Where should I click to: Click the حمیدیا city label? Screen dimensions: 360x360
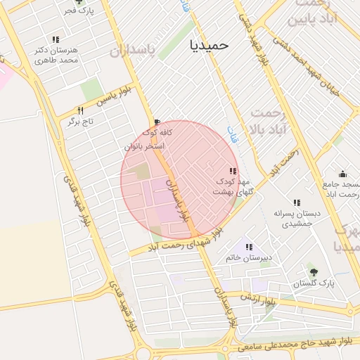tap(210, 44)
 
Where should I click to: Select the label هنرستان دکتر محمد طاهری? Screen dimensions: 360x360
tap(55, 56)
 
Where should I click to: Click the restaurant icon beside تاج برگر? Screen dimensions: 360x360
tap(80, 110)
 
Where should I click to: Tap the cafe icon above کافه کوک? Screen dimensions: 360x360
tap(156, 121)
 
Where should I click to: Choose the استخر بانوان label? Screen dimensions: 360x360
tap(144, 146)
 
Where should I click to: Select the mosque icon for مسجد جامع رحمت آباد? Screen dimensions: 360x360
tap(342, 174)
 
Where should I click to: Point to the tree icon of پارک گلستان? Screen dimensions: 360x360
tap(313, 271)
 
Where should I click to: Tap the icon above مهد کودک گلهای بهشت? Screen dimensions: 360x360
tap(232, 171)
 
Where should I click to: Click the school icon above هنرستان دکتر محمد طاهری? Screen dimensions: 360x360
tap(55, 39)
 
